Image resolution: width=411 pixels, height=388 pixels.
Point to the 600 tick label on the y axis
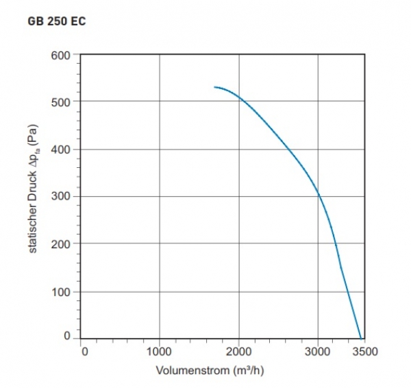tap(62, 54)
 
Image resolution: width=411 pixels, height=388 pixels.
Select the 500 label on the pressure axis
tap(62, 101)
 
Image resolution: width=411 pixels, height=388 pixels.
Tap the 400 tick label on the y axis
tap(62, 149)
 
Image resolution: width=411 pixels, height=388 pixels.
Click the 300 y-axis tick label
tap(62, 197)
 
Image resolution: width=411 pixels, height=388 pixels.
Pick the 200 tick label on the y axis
tap(62, 244)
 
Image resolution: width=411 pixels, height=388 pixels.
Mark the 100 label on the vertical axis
tap(62, 292)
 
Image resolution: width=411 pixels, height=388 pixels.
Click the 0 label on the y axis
tap(68, 336)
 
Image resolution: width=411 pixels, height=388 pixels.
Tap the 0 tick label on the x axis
tap(84, 352)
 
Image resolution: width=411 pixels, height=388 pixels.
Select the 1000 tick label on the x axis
tap(160, 352)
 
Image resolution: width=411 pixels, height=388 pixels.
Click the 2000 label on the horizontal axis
tap(239, 352)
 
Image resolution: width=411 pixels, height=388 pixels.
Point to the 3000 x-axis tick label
tap(318, 352)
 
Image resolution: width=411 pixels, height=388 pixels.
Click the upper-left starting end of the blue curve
tap(215, 87)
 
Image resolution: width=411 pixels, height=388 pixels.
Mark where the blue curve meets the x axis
tap(360, 338)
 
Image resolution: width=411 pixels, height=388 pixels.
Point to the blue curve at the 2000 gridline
tap(239, 97)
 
